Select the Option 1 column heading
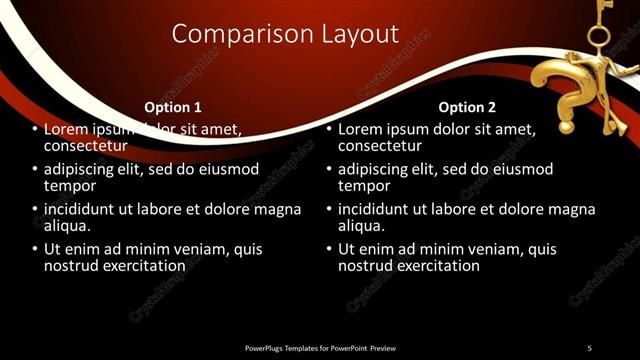point(173,107)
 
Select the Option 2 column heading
point(467,107)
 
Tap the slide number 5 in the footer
point(589,347)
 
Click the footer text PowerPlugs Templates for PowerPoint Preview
point(320,347)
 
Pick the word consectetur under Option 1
point(85,147)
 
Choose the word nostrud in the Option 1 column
point(71,266)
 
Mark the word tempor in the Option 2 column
point(362,186)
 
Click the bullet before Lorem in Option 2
point(329,130)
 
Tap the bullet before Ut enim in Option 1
point(35,249)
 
